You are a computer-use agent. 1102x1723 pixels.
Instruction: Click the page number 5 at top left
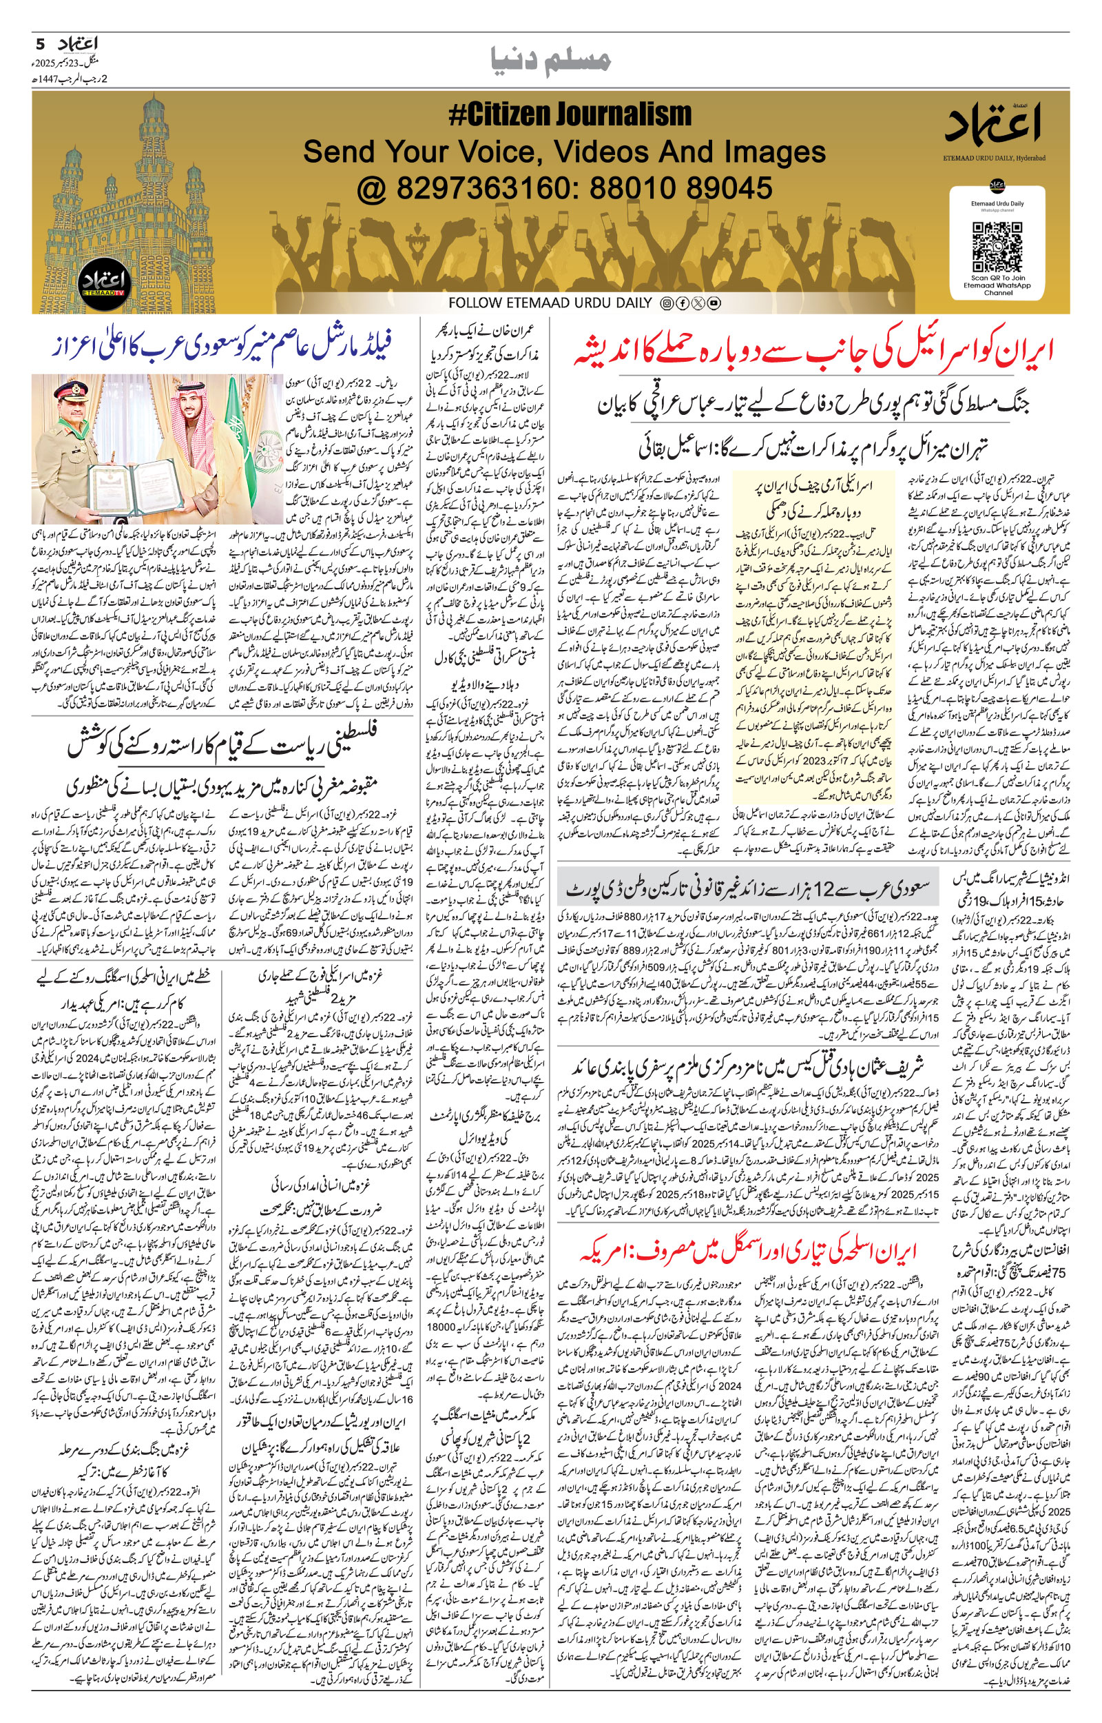[x=40, y=43]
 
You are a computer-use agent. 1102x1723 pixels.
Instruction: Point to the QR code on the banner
[x=998, y=243]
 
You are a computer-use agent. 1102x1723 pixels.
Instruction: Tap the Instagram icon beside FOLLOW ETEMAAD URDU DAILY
[x=665, y=303]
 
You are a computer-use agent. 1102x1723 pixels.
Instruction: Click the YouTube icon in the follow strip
[x=714, y=303]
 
